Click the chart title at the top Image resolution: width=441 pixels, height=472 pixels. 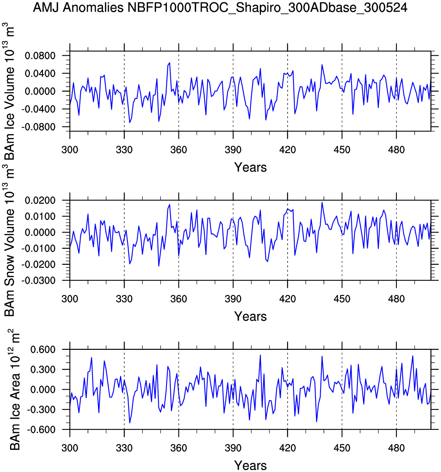click(x=220, y=7)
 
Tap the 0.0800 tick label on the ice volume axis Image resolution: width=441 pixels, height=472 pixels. click(x=40, y=56)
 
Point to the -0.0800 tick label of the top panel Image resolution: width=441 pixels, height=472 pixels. click(x=38, y=127)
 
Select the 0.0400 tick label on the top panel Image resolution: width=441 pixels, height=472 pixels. click(x=40, y=73)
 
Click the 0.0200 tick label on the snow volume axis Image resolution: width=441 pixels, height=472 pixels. click(x=40, y=200)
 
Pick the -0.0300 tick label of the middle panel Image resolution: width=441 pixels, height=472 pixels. click(x=38, y=281)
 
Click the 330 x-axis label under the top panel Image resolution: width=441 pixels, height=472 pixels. click(x=124, y=150)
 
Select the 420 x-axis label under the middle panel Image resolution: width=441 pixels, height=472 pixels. click(x=287, y=299)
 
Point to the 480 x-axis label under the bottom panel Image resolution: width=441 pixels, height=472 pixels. click(x=396, y=448)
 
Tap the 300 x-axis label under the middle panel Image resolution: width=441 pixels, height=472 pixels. click(x=70, y=299)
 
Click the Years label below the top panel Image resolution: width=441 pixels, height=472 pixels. click(x=251, y=167)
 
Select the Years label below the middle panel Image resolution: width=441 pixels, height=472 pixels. click(x=251, y=317)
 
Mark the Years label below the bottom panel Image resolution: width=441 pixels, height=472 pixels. click(x=251, y=465)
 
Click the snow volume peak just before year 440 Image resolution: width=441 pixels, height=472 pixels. click(x=322, y=202)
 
